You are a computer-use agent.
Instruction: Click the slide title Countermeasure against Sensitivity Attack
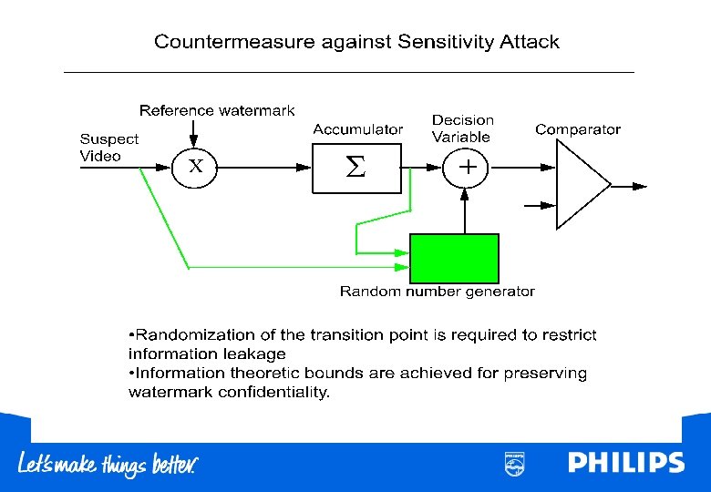coord(356,42)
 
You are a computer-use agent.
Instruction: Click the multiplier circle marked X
coord(194,168)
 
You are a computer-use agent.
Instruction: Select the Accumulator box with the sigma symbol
coord(356,168)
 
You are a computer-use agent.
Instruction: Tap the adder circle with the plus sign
coord(466,168)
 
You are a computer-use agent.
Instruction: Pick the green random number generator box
coord(454,258)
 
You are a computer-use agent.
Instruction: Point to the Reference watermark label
coord(217,110)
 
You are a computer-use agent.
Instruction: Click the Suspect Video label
coord(108,147)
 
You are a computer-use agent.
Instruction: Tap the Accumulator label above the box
coord(357,129)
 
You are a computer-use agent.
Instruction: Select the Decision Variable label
coord(462,128)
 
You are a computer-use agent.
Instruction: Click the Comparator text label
coord(578,129)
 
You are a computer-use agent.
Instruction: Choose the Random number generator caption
coord(437,292)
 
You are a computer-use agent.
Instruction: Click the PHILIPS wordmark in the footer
coord(625,463)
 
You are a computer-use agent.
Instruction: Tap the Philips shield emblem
coord(514,463)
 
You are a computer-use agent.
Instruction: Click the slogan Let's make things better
coord(108,464)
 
